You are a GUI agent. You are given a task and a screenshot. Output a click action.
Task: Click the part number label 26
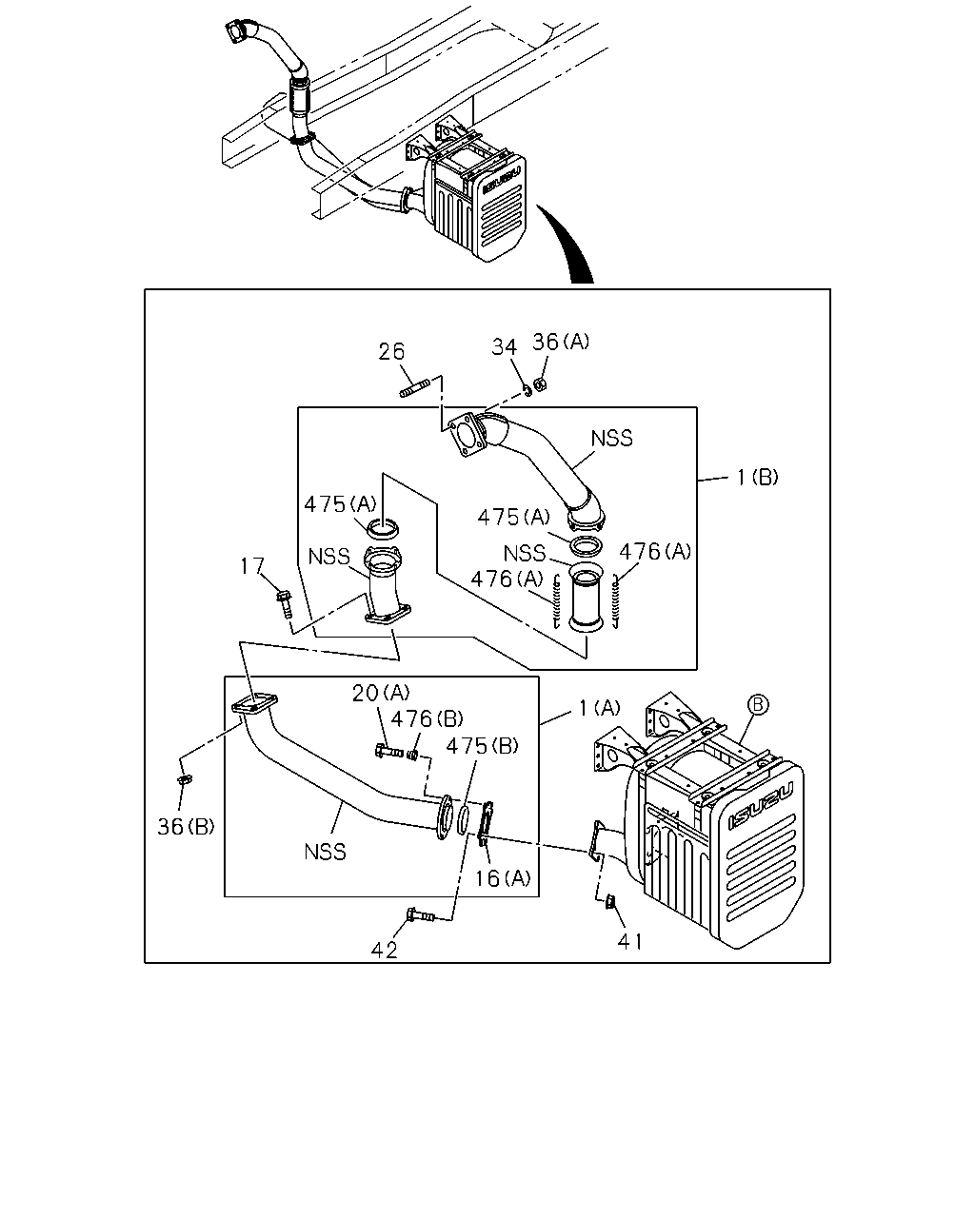coord(391,351)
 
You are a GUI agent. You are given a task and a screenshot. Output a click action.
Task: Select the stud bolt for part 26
coord(415,388)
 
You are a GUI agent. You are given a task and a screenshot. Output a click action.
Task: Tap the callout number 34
coord(505,347)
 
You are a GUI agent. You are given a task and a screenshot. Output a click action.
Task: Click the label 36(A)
coord(561,342)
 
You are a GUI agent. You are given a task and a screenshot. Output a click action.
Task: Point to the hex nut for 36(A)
coord(541,384)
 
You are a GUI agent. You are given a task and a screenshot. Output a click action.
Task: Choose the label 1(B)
coord(758,478)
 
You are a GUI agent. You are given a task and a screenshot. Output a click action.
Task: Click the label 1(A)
coord(600,708)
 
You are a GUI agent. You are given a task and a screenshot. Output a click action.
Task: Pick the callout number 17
coord(252,565)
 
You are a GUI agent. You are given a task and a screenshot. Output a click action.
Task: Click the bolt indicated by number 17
coord(285,604)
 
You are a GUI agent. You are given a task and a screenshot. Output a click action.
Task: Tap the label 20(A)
coord(381,693)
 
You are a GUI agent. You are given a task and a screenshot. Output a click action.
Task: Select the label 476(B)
coord(428,718)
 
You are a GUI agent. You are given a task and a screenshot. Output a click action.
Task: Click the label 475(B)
coord(482,746)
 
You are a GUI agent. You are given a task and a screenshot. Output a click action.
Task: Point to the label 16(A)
coord(503,878)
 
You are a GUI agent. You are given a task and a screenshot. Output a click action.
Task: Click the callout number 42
coord(384,951)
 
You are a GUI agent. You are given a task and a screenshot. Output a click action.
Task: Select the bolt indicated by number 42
coord(420,914)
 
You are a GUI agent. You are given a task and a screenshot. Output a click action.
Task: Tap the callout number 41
coord(630,942)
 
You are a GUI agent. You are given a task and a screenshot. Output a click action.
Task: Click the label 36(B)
coord(186,827)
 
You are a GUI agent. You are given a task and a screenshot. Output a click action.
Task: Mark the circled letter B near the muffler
coord(758,705)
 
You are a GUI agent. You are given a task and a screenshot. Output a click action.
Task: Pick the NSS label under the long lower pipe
coord(325,852)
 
